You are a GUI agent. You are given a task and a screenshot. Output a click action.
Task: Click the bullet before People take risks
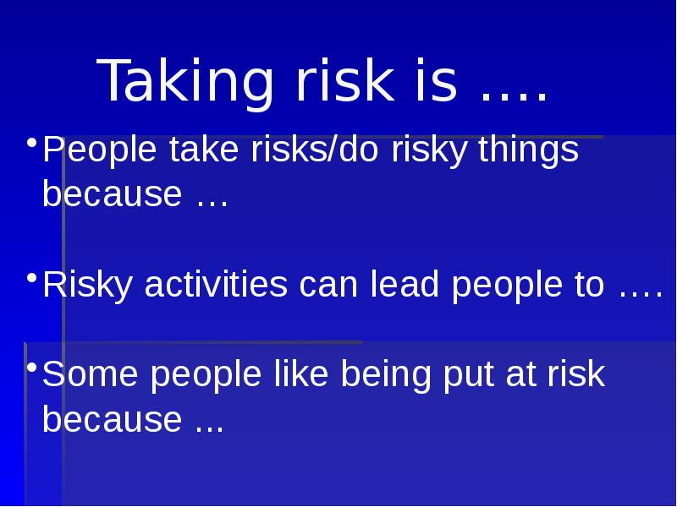click(x=30, y=141)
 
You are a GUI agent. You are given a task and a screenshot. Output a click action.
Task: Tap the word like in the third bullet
click(x=301, y=376)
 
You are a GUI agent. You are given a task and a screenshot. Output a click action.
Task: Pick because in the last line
click(x=113, y=419)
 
